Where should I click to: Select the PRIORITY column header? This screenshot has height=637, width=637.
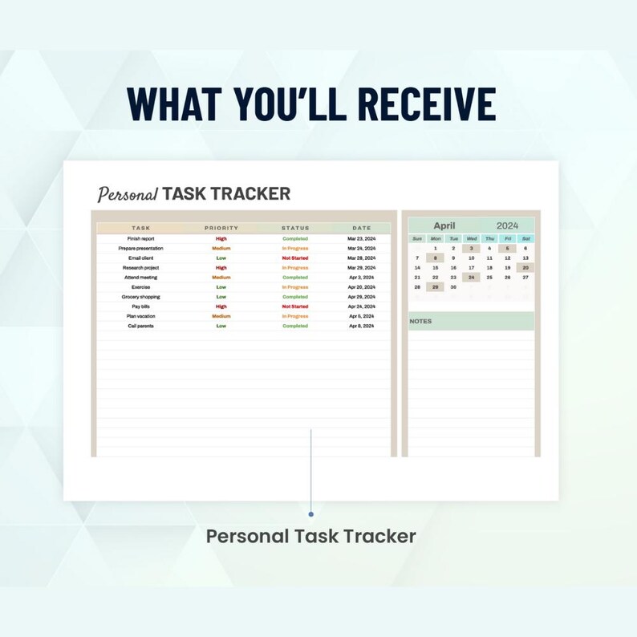(221, 228)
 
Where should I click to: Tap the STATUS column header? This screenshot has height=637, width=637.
(295, 228)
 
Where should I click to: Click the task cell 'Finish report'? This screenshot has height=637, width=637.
(141, 238)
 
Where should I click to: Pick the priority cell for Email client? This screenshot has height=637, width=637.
(221, 258)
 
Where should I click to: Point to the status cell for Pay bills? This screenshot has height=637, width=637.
(295, 306)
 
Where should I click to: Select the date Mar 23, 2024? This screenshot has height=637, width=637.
(361, 238)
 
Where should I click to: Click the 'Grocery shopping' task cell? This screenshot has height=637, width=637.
(141, 297)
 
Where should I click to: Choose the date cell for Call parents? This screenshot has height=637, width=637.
(361, 326)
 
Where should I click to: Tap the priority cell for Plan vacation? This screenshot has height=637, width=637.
(221, 316)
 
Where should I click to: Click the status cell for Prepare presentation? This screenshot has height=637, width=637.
(295, 248)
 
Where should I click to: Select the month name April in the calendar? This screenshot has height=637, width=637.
(444, 225)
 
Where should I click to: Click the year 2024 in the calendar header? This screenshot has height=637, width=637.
(507, 225)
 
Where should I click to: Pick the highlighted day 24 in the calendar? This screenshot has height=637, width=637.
(472, 277)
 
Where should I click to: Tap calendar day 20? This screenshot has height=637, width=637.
(525, 267)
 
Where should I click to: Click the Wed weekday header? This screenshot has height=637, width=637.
(472, 238)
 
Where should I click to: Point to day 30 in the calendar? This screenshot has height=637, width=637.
(453, 286)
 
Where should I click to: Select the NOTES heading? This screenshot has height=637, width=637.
(420, 321)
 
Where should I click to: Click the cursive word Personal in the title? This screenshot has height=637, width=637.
(127, 194)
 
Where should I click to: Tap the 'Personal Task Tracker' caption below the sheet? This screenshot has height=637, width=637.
(311, 536)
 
